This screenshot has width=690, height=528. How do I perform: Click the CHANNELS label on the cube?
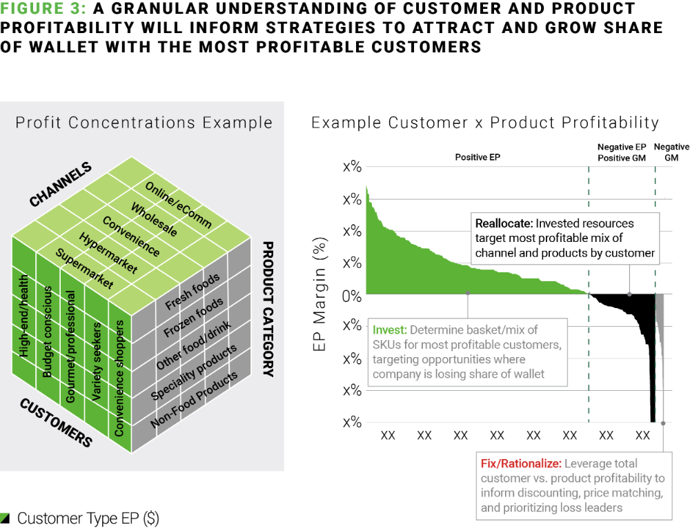coord(60,185)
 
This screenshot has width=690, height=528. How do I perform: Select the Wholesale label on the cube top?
coord(154,220)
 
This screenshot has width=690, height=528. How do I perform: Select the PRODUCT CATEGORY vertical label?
coord(268,308)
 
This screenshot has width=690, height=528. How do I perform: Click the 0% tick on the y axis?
coord(352,295)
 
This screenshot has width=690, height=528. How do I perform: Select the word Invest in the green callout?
coord(388,329)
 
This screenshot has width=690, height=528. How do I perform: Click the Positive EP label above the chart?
coord(477,157)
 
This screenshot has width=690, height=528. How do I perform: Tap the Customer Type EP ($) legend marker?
coord(6,518)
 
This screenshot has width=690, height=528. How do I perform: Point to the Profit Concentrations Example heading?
coord(144,123)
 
